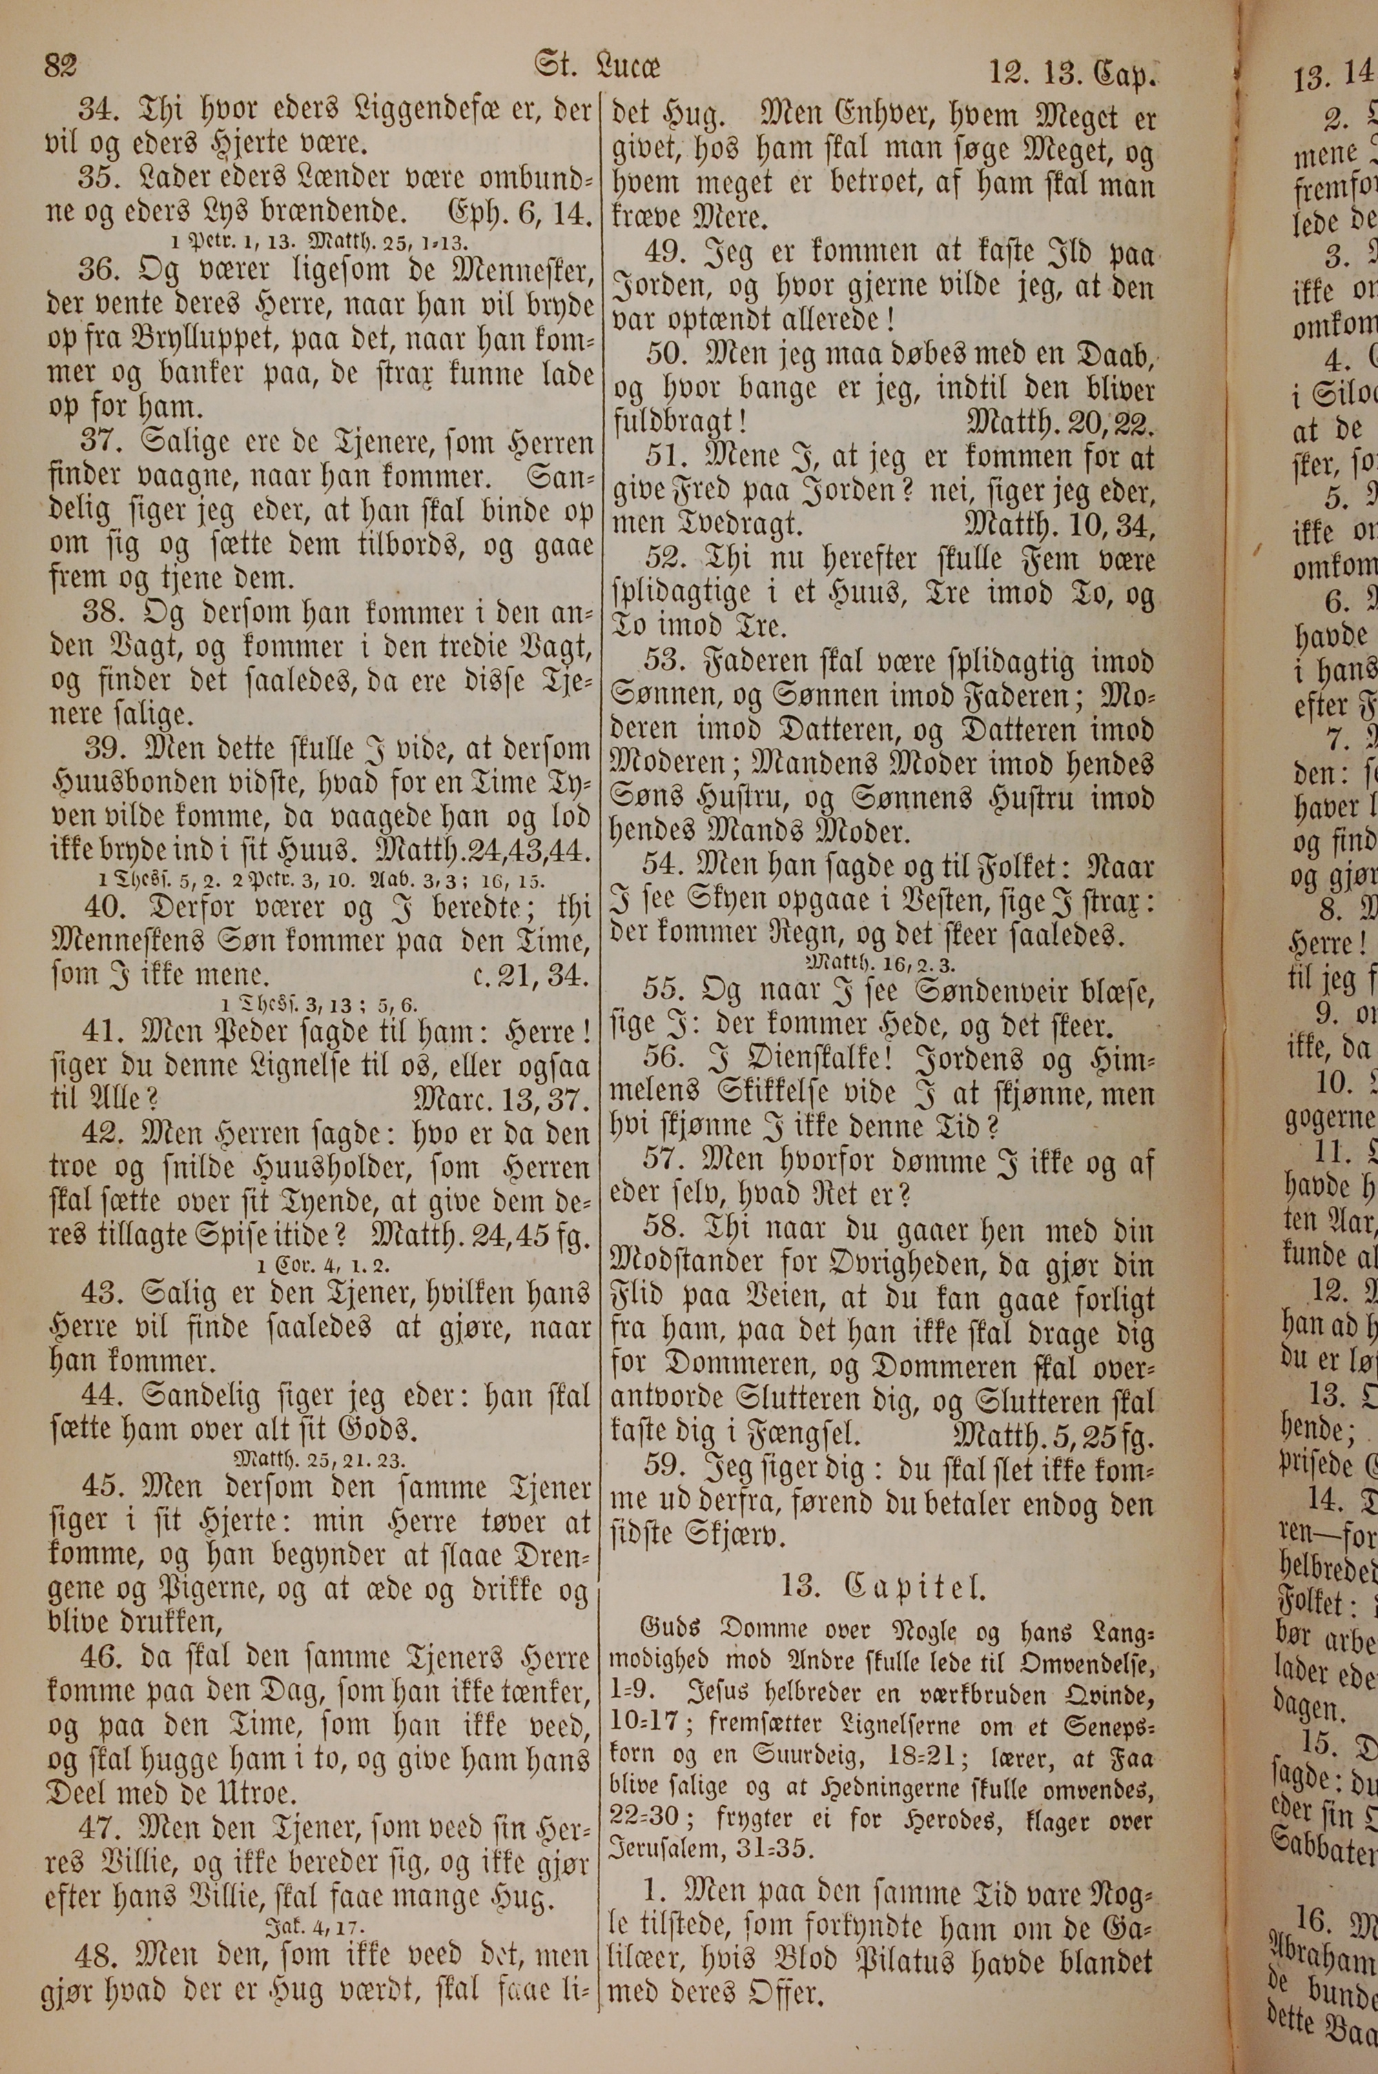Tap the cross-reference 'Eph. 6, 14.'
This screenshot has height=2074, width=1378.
coord(522,214)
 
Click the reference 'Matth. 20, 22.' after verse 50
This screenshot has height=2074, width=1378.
coord(1059,424)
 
